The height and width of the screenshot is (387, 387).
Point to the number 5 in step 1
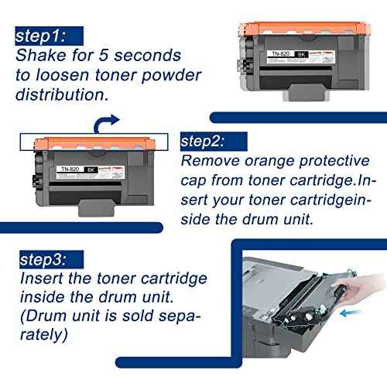[102, 56]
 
